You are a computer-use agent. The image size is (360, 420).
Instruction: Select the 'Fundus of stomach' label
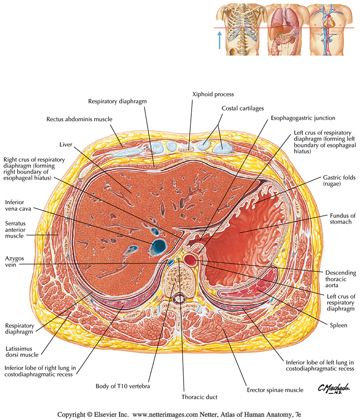(x=343, y=219)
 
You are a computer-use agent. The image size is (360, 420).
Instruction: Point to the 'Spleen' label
(x=338, y=325)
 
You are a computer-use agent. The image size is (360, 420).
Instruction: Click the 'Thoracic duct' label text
(x=200, y=397)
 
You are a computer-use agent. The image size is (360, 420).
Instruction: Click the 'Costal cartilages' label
(x=243, y=109)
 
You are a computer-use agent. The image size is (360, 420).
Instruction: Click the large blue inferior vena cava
(x=159, y=246)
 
